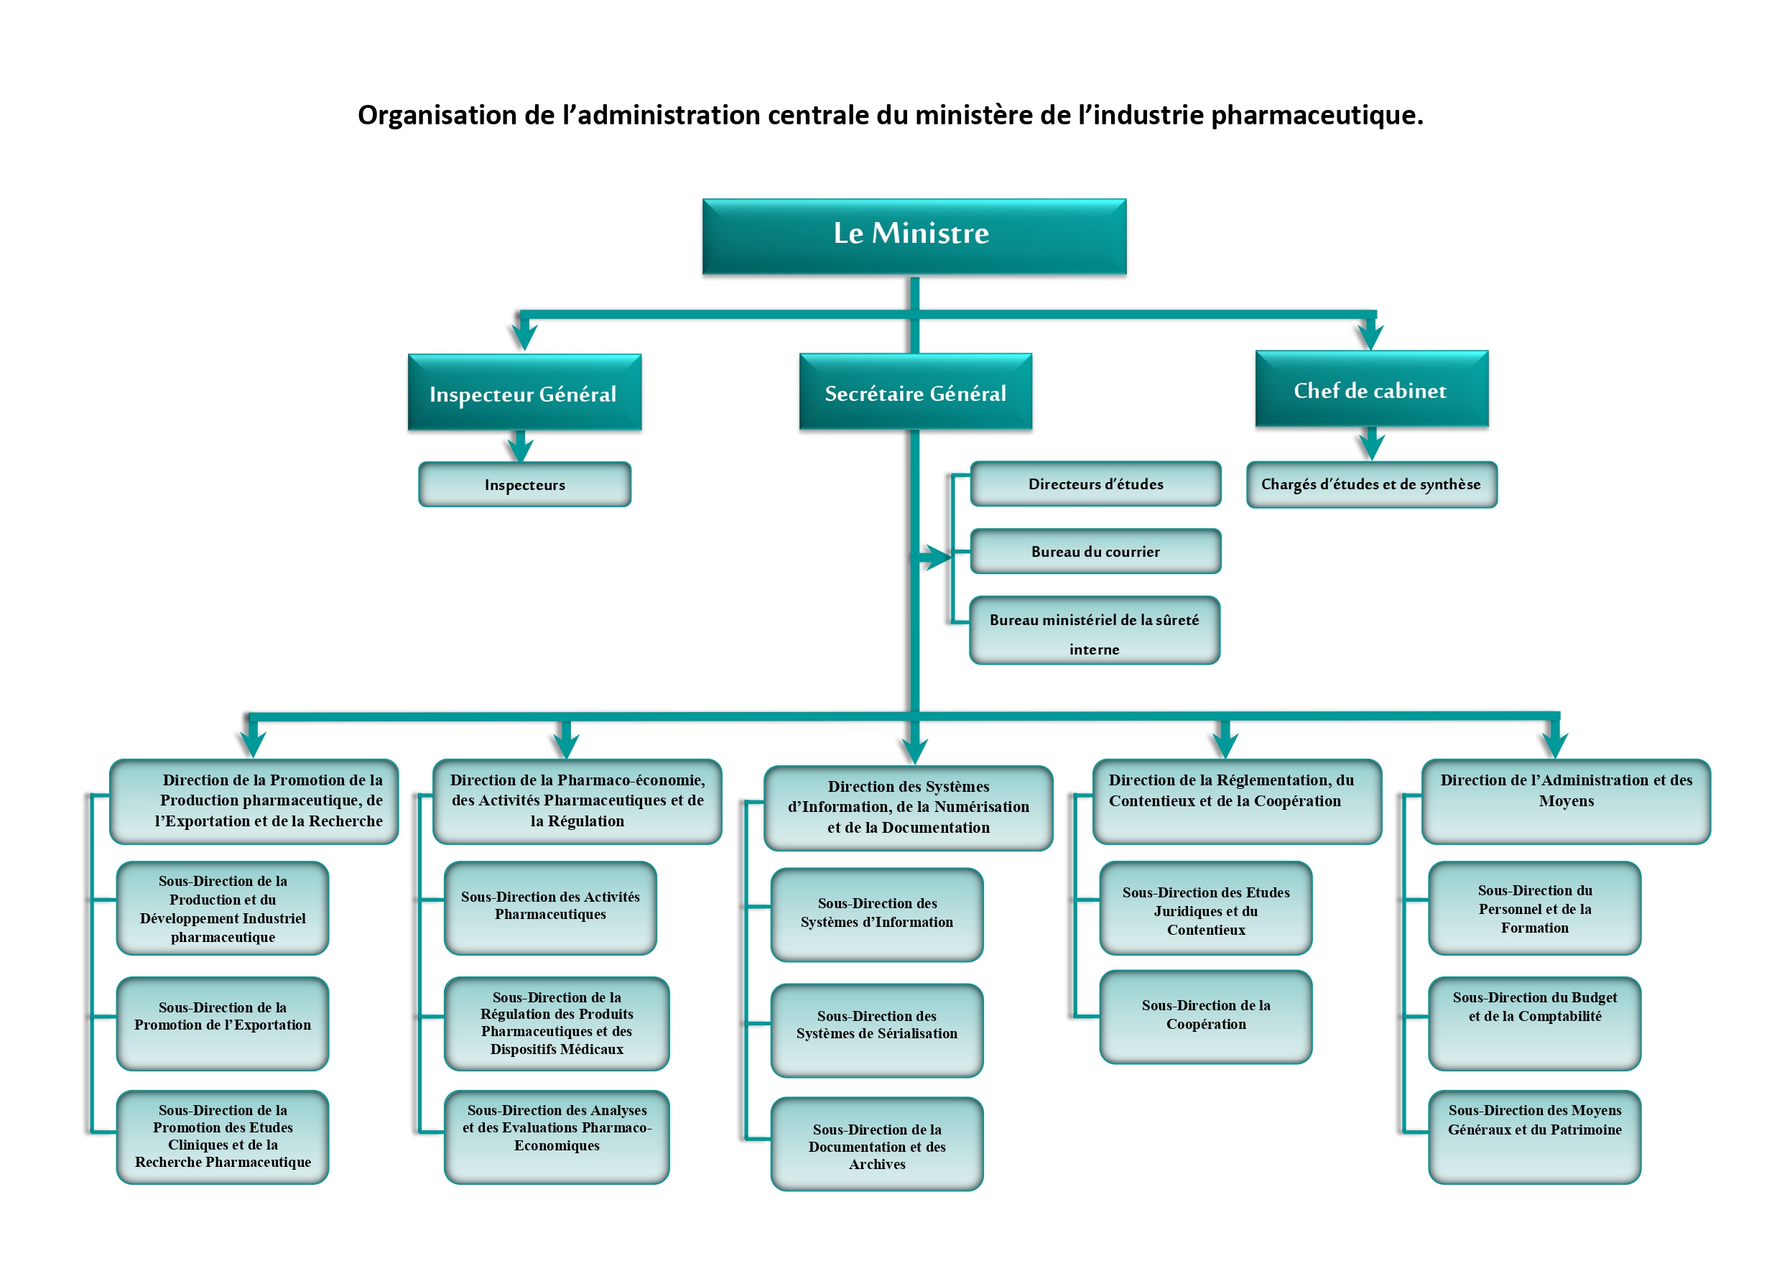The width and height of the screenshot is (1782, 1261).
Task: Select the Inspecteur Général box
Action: tap(524, 393)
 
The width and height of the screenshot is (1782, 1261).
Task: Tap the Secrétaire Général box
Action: tap(915, 392)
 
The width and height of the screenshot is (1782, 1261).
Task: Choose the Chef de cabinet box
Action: tap(1370, 389)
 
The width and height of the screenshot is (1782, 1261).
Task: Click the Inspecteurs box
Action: tap(524, 484)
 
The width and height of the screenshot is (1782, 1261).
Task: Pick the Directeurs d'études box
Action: tap(1095, 484)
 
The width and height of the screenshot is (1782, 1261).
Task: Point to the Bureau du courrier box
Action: tap(1095, 551)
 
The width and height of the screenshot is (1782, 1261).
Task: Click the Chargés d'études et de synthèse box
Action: tap(1370, 484)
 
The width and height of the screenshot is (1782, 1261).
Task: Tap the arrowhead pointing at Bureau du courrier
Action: tap(936, 556)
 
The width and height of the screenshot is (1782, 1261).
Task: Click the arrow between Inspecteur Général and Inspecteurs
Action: tap(520, 446)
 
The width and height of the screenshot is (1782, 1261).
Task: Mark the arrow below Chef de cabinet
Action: tap(1371, 444)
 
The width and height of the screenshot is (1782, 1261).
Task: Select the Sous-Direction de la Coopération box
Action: tap(1205, 1017)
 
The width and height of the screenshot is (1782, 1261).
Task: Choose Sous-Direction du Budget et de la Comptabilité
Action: tap(1533, 1022)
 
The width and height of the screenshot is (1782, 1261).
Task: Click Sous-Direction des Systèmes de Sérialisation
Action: tap(876, 1030)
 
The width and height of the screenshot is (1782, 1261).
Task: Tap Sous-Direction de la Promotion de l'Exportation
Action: tap(222, 1022)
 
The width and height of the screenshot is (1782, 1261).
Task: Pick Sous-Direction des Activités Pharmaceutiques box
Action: tap(549, 907)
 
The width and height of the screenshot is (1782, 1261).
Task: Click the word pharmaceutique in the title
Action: tap(1317, 115)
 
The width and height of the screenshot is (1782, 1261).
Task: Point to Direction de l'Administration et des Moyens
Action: tap(1566, 800)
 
